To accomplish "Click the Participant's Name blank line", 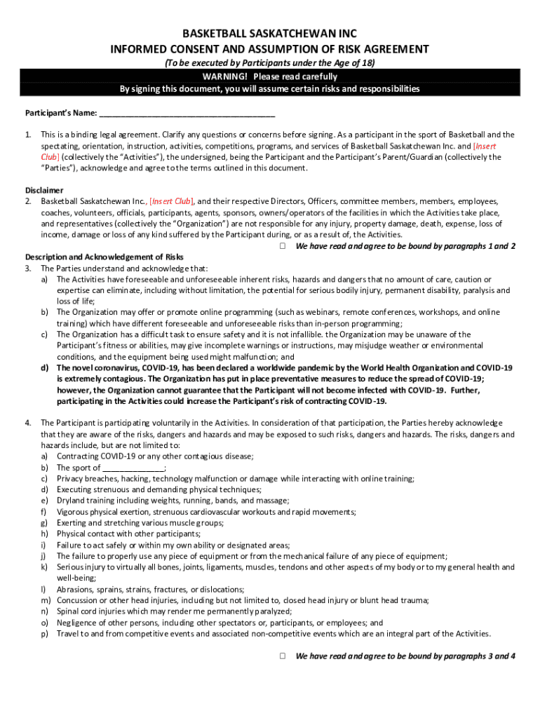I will coord(187,113).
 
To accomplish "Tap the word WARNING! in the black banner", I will coord(225,76).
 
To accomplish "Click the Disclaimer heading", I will coord(44,190).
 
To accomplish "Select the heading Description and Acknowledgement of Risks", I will coord(104,257).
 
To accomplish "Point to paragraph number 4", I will coord(28,423).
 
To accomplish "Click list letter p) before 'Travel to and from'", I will coord(44,634).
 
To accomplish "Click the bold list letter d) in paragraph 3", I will coord(44,368).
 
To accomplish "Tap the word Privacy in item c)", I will coord(70,479).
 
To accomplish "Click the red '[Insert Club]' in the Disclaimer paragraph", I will coord(171,201).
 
